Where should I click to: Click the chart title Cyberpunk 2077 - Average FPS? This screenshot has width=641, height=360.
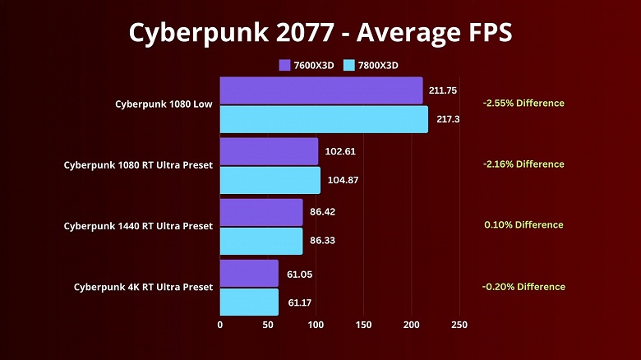pos(320,32)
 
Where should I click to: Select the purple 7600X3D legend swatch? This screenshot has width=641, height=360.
pos(284,65)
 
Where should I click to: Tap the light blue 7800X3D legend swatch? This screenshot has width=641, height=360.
pos(350,65)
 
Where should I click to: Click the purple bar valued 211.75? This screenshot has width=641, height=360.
pos(320,90)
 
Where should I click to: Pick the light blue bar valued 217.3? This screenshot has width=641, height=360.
pos(324,119)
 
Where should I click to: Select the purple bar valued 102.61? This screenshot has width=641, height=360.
pos(269,151)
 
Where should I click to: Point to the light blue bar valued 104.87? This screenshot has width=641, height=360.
pos(270,180)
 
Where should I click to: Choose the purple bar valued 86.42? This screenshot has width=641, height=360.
pos(261,212)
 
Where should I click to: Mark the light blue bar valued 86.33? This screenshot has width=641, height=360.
pos(261,241)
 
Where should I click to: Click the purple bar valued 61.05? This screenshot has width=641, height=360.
pos(249,274)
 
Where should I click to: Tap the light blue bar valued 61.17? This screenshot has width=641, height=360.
pos(249,302)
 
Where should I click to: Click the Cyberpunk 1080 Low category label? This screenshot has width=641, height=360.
pos(164,104)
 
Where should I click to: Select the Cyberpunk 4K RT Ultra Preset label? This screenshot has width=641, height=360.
pos(143,287)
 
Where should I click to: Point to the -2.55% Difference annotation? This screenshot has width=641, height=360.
pos(523,104)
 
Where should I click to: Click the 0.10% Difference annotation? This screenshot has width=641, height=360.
pos(523,225)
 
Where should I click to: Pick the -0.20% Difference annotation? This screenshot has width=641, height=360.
pos(523,287)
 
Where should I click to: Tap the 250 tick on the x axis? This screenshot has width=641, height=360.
pos(459,325)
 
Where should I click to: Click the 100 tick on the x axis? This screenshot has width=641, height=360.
pos(316,325)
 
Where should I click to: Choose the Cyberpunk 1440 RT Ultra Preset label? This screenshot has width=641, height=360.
pos(138,226)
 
